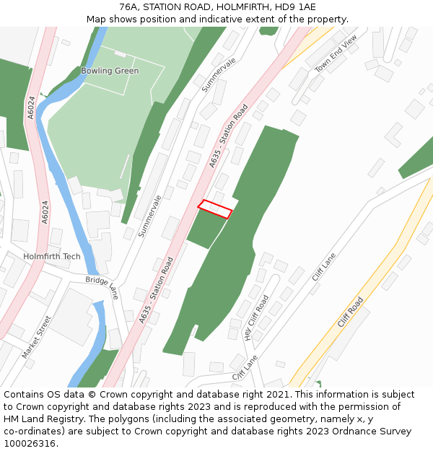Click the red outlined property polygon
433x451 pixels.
point(215,209)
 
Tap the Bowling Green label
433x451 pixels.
point(110,71)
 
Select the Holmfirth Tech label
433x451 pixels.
point(52,256)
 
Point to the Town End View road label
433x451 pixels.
point(336,54)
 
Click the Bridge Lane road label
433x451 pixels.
point(102,287)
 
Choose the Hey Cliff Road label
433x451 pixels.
point(256,317)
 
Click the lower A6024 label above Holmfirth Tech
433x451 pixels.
point(45,212)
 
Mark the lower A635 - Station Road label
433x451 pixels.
point(157,289)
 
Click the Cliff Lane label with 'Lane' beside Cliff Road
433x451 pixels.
point(324,266)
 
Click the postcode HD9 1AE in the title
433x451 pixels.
point(294,7)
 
